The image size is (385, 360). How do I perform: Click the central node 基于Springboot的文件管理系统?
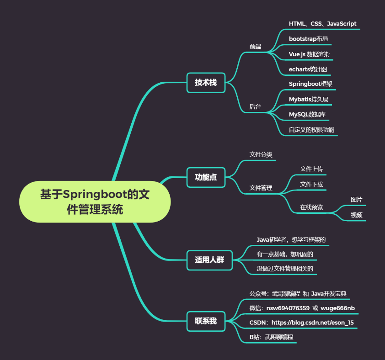tap(95, 202)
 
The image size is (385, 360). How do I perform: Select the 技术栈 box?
tap(206, 83)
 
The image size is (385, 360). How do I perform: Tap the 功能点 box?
tap(206, 177)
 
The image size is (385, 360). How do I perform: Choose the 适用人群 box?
tap(210, 260)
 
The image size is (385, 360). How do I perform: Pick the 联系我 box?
tap(206, 321)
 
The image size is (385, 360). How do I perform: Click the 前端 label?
tap(255, 47)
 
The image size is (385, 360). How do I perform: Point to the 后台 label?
tap(255, 107)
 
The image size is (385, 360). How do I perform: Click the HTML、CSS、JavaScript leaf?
tap(322, 24)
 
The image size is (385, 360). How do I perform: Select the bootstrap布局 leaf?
tap(308, 39)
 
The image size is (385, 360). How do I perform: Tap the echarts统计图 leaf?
tap(308, 69)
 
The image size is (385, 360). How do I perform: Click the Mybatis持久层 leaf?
tap(309, 99)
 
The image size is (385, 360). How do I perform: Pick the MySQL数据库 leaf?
tap(307, 114)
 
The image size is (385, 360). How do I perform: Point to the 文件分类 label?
tap(261, 154)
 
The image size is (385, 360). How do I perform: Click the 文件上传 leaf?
tap(311, 169)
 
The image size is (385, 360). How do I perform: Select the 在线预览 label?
tap(311, 207)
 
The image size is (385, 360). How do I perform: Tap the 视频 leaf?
tap(357, 215)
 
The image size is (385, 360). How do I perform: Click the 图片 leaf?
tap(357, 200)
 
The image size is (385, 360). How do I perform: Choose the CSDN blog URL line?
tap(301, 323)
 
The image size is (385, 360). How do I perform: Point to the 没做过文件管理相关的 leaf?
tap(285, 269)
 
